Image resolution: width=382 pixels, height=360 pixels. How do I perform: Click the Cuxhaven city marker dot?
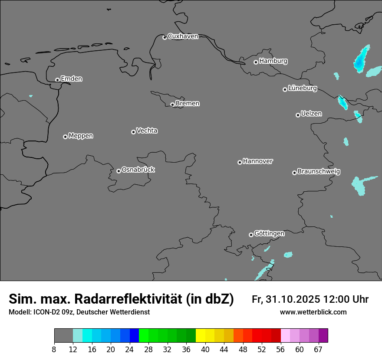[165, 37]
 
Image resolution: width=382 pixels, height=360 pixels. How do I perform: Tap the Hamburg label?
[273, 61]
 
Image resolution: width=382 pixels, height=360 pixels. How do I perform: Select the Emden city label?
[71, 79]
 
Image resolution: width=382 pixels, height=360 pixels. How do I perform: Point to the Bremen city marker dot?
[172, 105]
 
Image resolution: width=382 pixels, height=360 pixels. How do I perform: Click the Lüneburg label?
[302, 88]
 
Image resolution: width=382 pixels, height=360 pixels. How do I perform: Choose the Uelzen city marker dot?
[298, 115]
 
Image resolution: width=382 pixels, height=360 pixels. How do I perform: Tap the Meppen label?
[81, 136]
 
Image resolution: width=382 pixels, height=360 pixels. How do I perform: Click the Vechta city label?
[147, 131]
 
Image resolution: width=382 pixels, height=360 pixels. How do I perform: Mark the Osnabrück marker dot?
[119, 171]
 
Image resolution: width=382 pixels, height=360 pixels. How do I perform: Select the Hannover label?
[257, 161]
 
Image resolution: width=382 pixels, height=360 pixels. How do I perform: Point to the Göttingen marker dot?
[251, 235]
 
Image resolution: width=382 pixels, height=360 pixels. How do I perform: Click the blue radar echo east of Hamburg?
[360, 60]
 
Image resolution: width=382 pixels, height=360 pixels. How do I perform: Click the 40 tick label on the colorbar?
[205, 350]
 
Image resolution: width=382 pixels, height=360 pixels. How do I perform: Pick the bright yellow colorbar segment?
[200, 336]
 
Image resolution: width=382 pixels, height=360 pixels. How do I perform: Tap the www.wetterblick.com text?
[313, 312]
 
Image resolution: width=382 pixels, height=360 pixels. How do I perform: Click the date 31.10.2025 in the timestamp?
[293, 299]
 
